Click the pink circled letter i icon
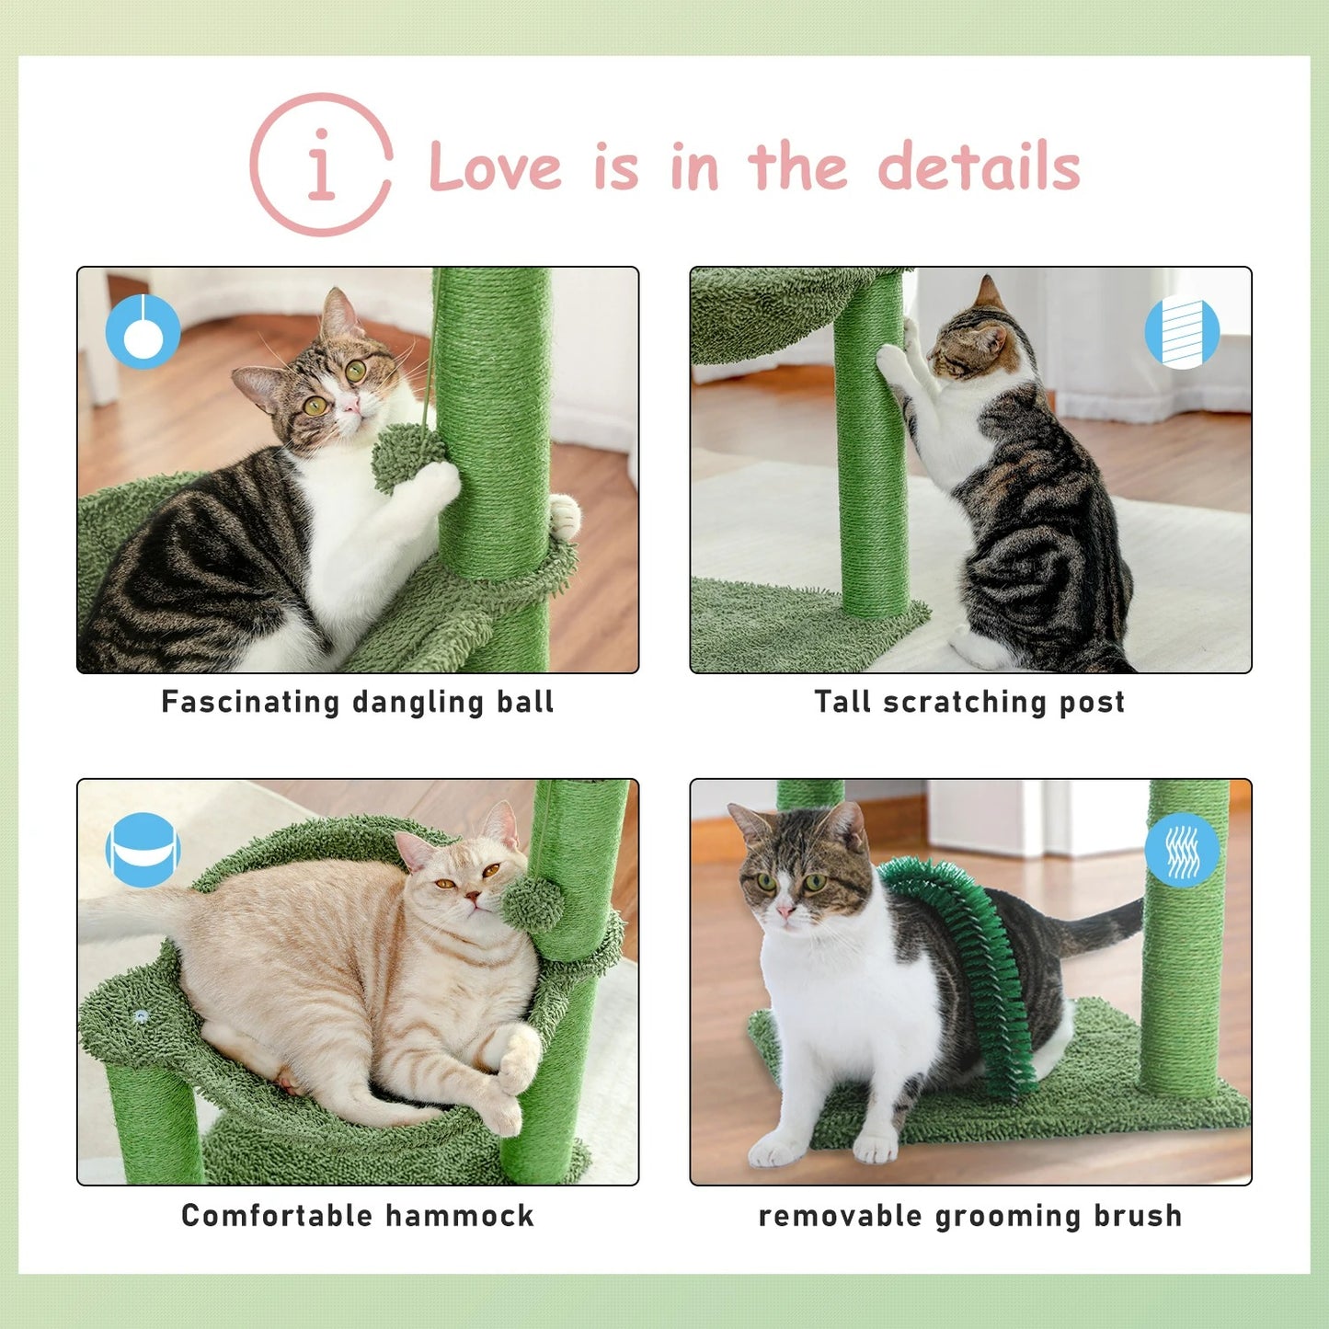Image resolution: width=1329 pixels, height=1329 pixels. tap(321, 166)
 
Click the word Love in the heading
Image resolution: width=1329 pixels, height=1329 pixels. tap(495, 167)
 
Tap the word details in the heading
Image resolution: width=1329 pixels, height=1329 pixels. tap(979, 167)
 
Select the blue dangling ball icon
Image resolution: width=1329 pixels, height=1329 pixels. tap(143, 331)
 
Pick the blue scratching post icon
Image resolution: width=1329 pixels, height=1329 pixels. tap(1182, 331)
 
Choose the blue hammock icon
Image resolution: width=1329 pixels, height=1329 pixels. tap(143, 850)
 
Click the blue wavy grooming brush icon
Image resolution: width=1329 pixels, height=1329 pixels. tap(1182, 850)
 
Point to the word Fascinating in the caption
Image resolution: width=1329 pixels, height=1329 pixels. tap(250, 702)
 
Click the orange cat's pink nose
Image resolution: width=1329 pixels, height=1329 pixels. tap(472, 896)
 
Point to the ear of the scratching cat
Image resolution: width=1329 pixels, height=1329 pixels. tap(988, 292)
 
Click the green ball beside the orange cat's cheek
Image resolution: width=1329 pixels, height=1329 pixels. tap(533, 902)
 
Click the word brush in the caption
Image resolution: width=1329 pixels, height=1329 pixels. tap(1138, 1216)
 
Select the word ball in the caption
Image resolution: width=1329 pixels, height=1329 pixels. tap(525, 702)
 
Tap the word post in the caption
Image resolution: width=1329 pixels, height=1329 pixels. tap(1092, 703)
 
